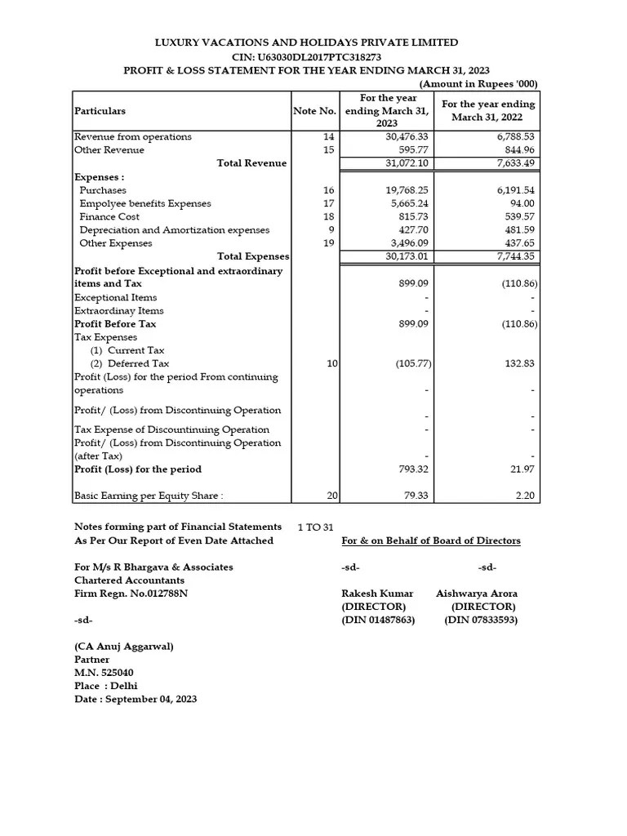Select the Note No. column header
click(314, 111)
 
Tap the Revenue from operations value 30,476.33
click(407, 137)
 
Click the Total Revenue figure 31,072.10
click(407, 163)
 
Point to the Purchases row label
click(103, 190)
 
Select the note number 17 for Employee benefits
click(329, 203)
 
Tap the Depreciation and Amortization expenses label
click(174, 230)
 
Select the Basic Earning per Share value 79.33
click(415, 496)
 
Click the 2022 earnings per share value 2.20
click(522, 496)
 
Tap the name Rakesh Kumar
click(377, 594)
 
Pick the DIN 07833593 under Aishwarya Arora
click(481, 620)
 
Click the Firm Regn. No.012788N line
click(131, 594)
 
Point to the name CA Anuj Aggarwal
click(124, 647)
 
